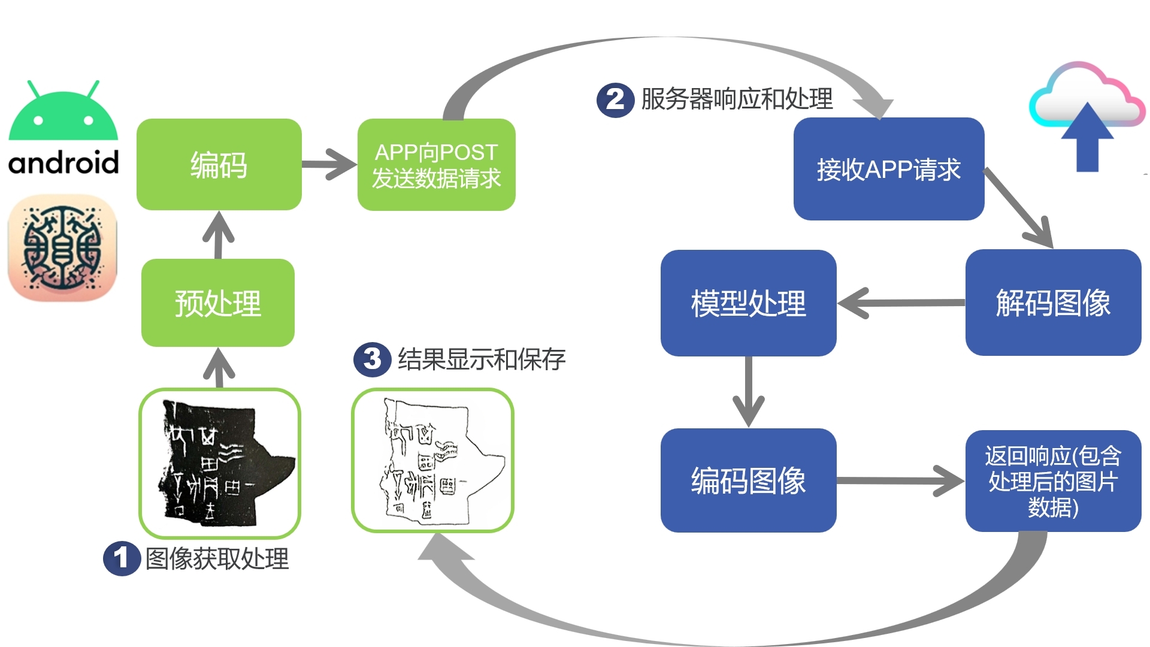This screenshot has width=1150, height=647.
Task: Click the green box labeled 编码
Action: tap(219, 165)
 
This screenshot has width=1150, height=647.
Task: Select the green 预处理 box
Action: tap(218, 303)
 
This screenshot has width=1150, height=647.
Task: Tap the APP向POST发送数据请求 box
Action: tap(436, 165)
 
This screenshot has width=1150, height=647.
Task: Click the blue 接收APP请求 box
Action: tap(888, 169)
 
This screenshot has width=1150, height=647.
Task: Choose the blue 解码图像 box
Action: tap(1053, 303)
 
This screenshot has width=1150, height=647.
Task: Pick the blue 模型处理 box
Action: tap(748, 303)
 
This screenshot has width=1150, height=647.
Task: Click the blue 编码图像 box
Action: tap(748, 480)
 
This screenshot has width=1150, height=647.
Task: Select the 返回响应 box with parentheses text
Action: tap(1053, 480)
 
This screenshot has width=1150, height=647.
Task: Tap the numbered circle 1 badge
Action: tap(122, 558)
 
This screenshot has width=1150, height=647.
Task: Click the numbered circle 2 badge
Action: tap(615, 99)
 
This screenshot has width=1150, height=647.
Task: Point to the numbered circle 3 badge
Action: tap(372, 359)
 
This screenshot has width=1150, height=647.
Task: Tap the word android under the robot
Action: tap(63, 162)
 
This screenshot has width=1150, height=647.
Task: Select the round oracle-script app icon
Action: tap(62, 247)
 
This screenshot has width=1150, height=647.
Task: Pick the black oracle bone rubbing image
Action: tap(220, 463)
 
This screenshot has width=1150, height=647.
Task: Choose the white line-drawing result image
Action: tap(432, 460)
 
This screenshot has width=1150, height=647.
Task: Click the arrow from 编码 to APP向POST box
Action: tap(329, 164)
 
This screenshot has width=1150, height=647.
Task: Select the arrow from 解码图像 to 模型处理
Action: tap(901, 303)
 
